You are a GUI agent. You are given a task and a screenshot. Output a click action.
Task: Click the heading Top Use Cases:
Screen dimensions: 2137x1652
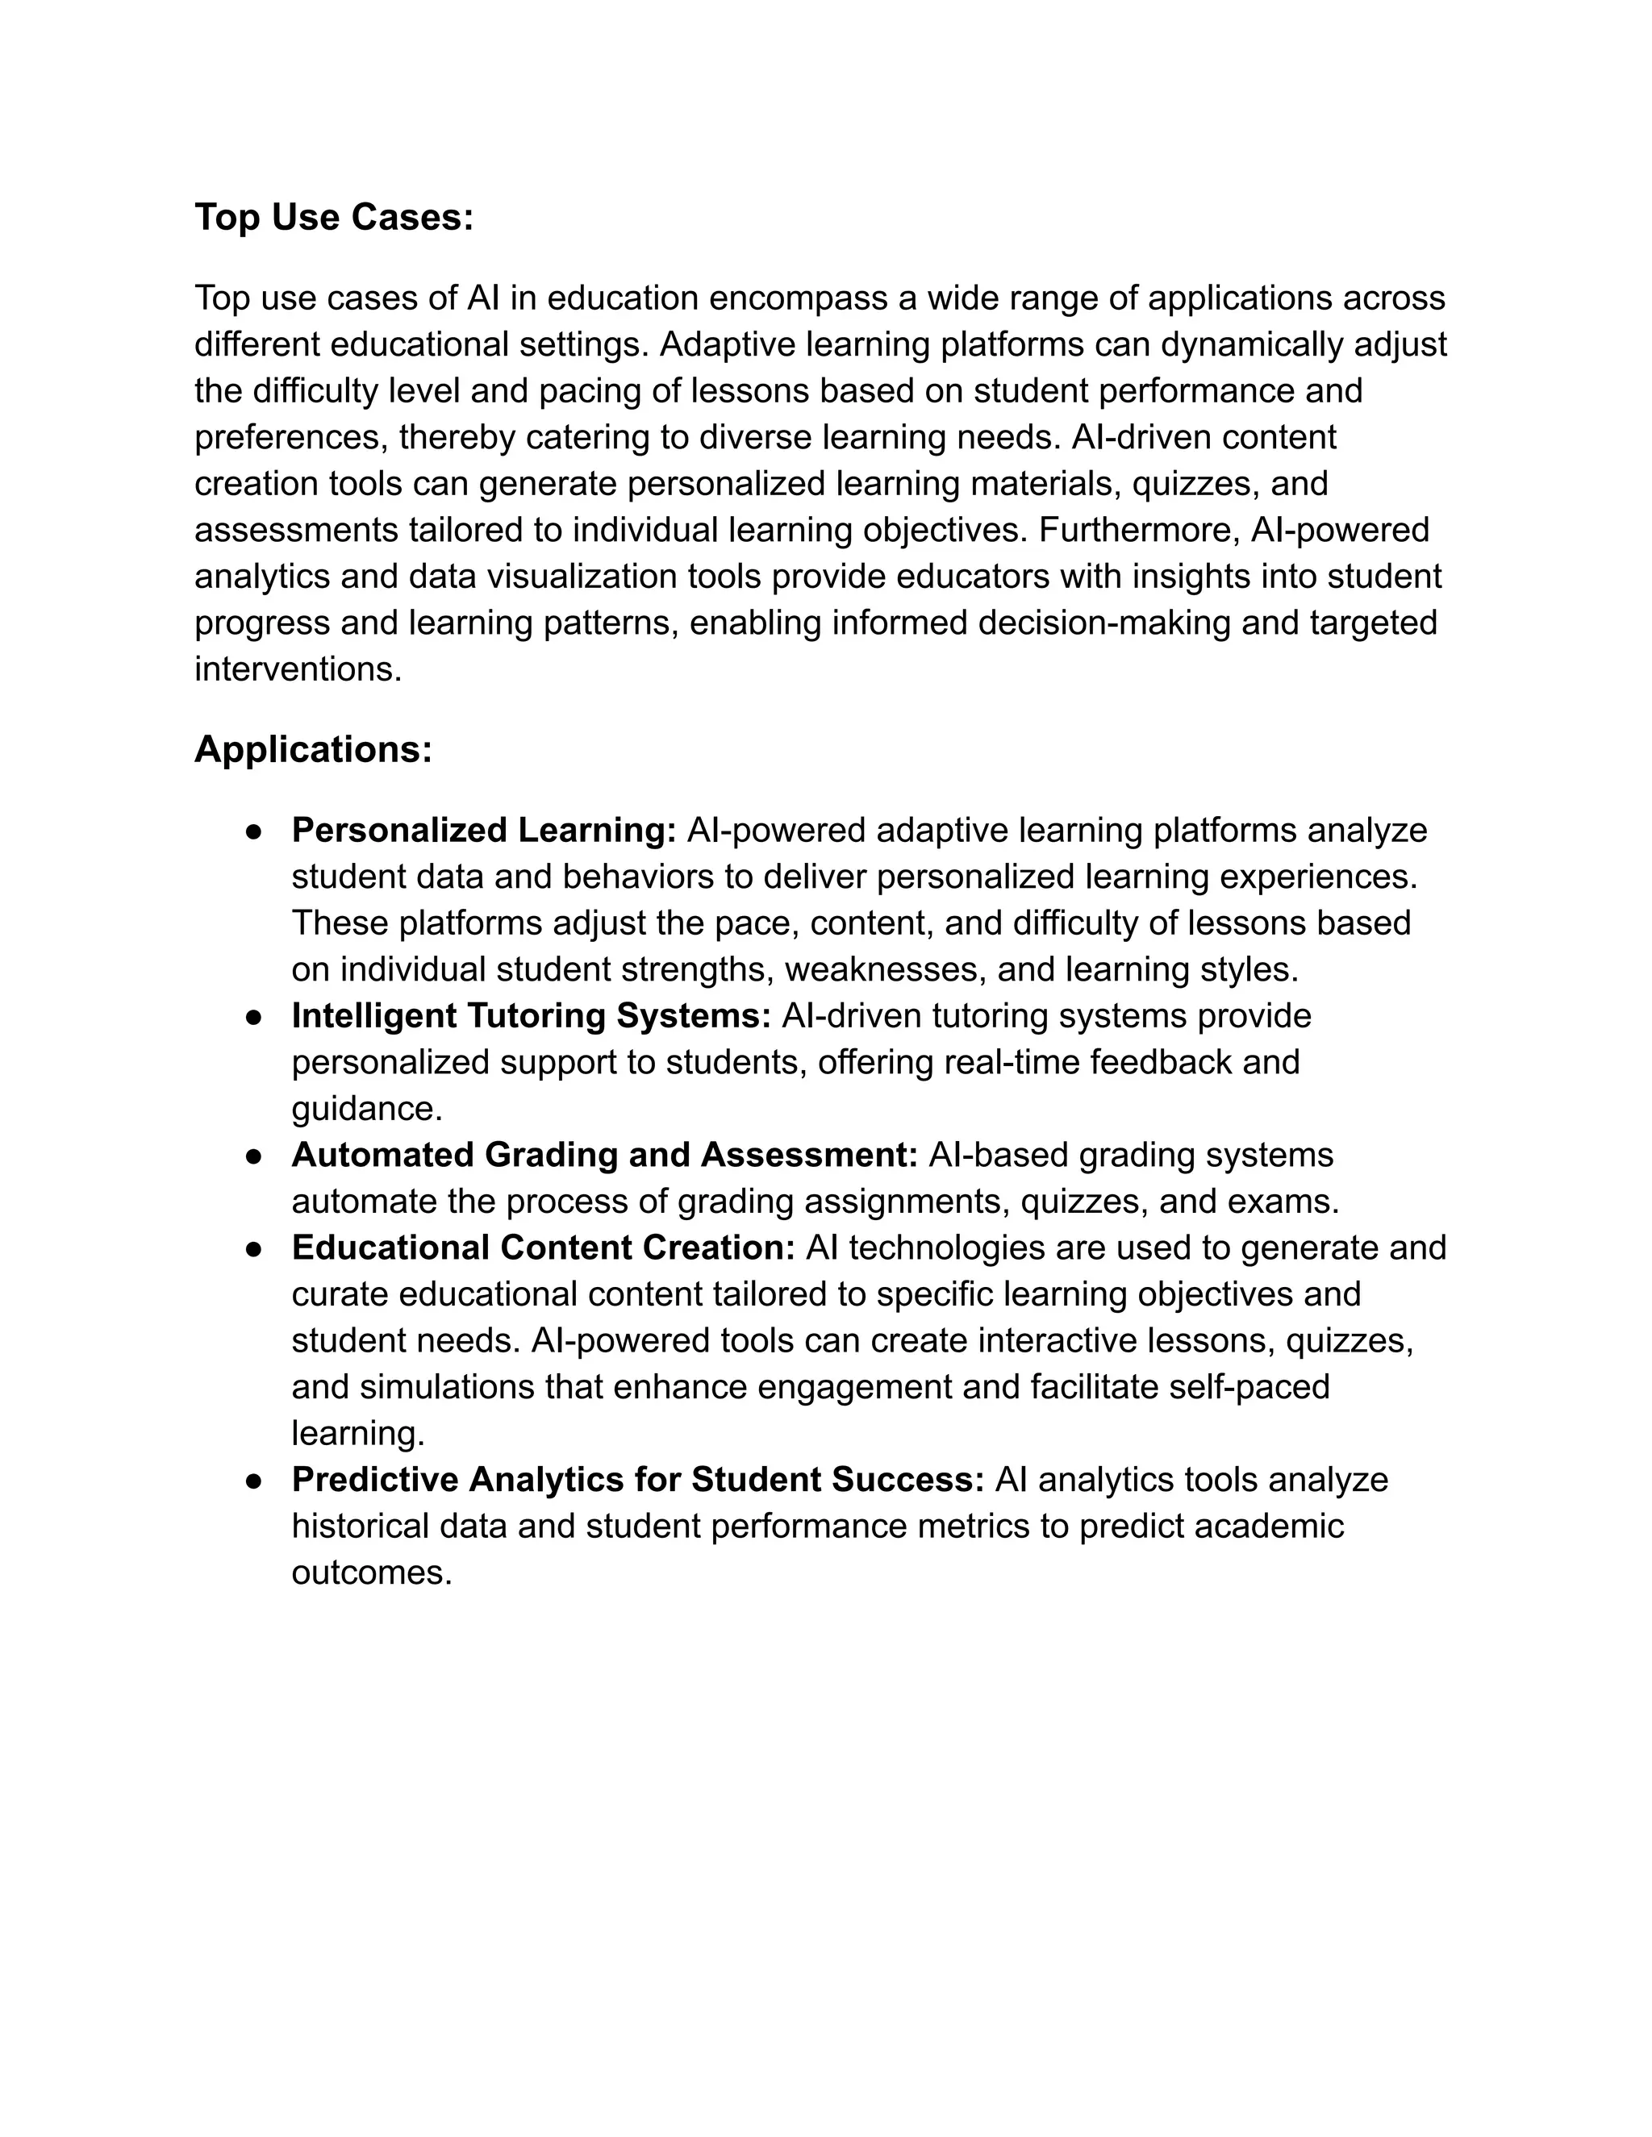(x=334, y=217)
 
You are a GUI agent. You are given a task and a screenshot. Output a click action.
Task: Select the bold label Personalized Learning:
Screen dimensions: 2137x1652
(x=483, y=830)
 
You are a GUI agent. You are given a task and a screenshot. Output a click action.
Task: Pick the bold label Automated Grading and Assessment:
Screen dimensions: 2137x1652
(x=604, y=1155)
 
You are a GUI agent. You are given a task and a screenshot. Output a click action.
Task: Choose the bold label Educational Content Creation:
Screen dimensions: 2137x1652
(x=543, y=1248)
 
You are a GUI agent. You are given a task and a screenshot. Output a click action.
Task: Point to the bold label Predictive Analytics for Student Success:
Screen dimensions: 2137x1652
(x=637, y=1480)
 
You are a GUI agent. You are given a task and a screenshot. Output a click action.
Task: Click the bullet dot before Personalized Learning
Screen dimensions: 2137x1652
(x=253, y=831)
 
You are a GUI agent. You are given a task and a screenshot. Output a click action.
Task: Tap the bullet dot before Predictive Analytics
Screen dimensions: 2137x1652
(x=253, y=1481)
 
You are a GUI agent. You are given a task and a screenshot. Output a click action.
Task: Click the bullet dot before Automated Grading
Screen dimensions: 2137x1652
(x=253, y=1156)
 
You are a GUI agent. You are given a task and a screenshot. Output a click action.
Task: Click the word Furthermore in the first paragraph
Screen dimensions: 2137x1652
(x=1138, y=531)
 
